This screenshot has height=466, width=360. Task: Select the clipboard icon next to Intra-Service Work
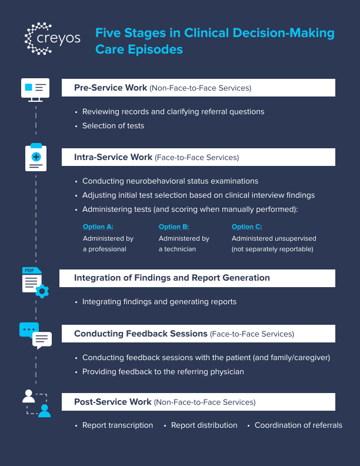(x=36, y=158)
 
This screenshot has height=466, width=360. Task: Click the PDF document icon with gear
(x=35, y=281)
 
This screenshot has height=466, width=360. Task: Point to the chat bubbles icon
(x=35, y=335)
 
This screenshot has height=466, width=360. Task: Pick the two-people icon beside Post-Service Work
(x=36, y=403)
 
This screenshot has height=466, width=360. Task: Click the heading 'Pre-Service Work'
(x=111, y=88)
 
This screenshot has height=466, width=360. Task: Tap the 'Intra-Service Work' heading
(x=113, y=157)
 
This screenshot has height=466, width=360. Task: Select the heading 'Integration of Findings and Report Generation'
(x=172, y=278)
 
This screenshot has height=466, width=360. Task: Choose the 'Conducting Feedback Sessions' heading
(x=141, y=334)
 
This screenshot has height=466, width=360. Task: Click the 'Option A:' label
(x=98, y=227)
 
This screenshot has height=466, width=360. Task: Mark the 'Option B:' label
(x=174, y=227)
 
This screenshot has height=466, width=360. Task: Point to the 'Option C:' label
(x=246, y=227)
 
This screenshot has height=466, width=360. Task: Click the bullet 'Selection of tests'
(x=113, y=125)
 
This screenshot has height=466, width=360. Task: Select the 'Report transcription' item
(x=118, y=425)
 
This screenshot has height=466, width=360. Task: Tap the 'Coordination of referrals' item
(x=298, y=425)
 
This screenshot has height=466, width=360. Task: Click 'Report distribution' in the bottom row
(x=204, y=425)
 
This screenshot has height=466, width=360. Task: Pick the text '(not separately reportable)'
(x=272, y=249)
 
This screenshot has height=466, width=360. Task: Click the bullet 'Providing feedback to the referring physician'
(x=163, y=371)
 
